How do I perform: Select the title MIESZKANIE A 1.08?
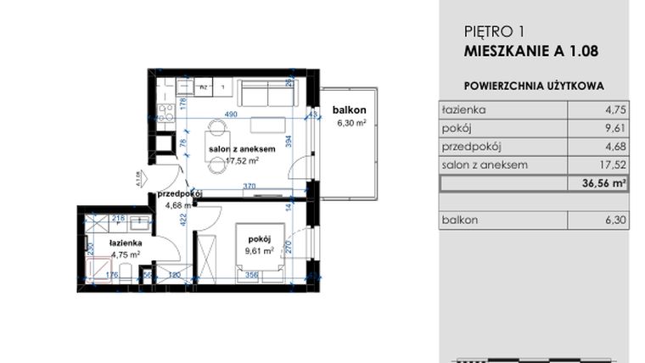tap(531, 51)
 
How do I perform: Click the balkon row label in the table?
tap(460, 221)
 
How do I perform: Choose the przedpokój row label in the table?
tap(468, 147)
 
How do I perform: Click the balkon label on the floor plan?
tap(349, 110)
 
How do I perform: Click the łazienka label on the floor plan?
tap(125, 243)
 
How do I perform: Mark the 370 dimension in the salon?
tap(249, 186)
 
